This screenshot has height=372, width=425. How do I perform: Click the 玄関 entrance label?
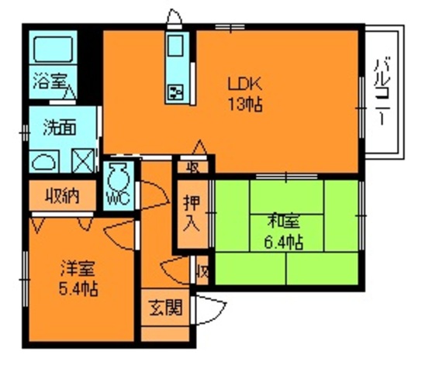point(164,308)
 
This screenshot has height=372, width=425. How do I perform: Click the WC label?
point(118,197)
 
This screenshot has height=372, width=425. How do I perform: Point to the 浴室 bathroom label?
point(49,80)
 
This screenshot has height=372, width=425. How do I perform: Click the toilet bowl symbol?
point(119,174)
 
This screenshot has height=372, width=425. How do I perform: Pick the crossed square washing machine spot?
point(81,160)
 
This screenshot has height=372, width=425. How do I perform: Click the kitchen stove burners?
point(174,93)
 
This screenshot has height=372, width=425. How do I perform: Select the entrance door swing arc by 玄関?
point(205,310)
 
